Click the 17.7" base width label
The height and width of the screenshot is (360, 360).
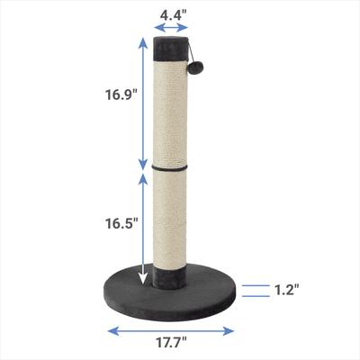click(x=173, y=342)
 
